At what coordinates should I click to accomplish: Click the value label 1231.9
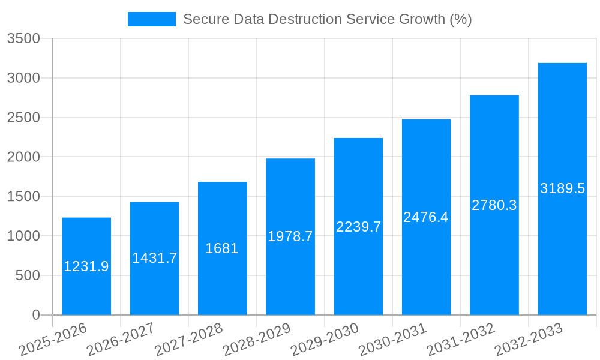click(86, 266)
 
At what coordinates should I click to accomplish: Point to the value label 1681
click(222, 248)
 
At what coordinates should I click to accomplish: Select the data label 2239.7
click(358, 227)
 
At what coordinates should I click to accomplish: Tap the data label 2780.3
click(494, 205)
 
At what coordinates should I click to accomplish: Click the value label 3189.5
click(562, 188)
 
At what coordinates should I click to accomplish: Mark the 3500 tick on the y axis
click(23, 39)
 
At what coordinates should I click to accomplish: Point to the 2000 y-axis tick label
click(23, 157)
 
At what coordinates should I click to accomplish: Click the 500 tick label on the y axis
click(28, 275)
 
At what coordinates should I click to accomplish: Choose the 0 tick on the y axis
click(35, 315)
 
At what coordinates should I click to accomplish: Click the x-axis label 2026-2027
click(121, 339)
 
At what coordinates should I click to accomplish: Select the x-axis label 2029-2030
click(325, 339)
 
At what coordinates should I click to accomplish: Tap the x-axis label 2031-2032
click(461, 339)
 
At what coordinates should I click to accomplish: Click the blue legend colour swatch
click(151, 19)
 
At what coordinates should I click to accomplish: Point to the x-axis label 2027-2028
click(188, 339)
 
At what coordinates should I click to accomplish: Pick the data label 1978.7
click(290, 236)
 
